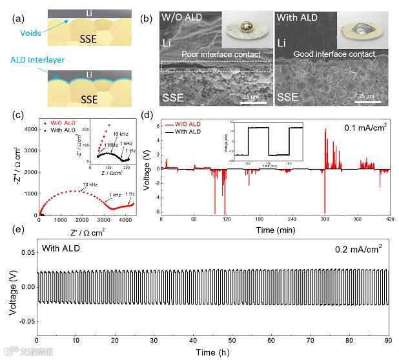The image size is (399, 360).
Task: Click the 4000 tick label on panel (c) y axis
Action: tap(26, 129)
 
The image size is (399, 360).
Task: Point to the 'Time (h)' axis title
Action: tap(214, 352)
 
